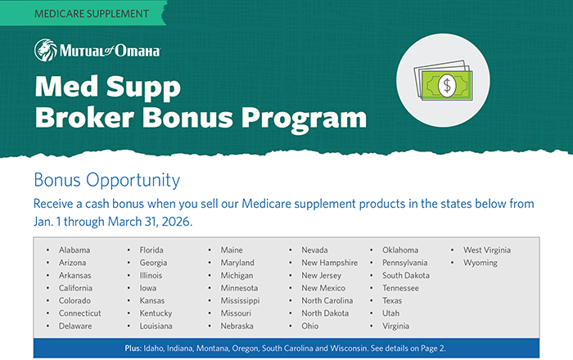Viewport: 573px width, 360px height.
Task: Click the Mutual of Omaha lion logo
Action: tap(45, 51)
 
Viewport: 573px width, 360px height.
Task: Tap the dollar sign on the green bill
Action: tap(447, 84)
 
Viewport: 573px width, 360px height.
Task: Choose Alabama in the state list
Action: tap(74, 250)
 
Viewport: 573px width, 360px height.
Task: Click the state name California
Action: tap(75, 288)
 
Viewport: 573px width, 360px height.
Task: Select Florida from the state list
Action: tap(152, 250)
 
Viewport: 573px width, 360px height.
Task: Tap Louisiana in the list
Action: tap(156, 326)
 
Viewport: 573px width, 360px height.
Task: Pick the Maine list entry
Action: tap(231, 250)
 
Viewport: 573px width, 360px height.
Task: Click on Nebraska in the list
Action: tap(237, 326)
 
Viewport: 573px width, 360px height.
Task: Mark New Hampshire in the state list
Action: tap(329, 263)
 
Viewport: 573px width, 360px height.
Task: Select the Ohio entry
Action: tap(310, 326)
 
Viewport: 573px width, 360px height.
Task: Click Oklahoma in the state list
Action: tap(400, 250)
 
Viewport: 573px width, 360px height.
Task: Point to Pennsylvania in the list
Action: tap(404, 263)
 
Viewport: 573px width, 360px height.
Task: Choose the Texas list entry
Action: tap(393, 300)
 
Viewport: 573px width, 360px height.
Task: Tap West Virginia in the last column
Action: tap(487, 250)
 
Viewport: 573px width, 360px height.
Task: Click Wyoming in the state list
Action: tap(481, 263)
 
